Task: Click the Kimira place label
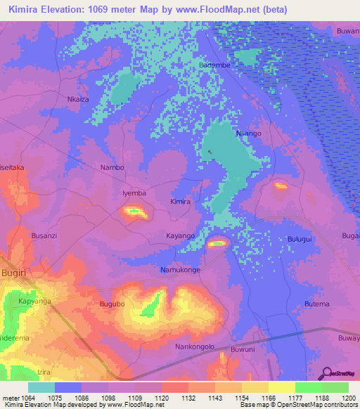coord(181,202)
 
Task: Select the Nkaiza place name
coord(78,99)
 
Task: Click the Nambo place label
coord(112,167)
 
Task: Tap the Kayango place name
coord(180,235)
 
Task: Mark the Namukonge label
coord(181,270)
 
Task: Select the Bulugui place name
coord(302,240)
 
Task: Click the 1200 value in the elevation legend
coord(349,397)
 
